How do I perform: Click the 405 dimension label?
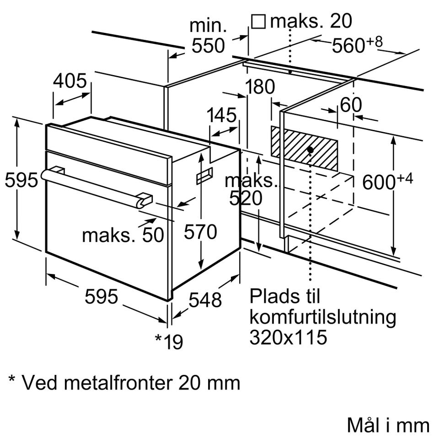pos(70,81)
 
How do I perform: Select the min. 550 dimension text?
pos(208,36)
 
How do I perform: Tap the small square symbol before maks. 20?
pos(259,21)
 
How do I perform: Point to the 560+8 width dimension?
pos(357,45)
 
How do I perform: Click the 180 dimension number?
pos(260,87)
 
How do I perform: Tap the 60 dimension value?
pos(351,105)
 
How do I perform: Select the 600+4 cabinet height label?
pos(387,182)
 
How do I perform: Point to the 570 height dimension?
pos(200,232)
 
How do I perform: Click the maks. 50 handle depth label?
pos(123,235)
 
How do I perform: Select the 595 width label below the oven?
pos(101,297)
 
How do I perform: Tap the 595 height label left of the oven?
pos(21,180)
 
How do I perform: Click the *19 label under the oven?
pos(169,341)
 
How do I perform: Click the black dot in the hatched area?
pos(311,150)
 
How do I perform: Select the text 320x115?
pos(289,337)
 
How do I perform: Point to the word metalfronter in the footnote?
pos(114,382)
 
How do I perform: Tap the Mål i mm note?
pos(388,425)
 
